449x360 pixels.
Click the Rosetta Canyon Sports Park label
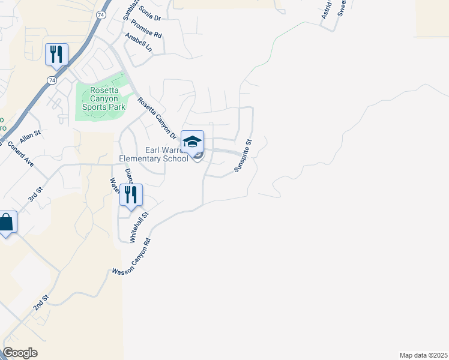tap(99, 98)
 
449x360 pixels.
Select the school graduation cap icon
tap(193, 142)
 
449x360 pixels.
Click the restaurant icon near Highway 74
tap(56, 54)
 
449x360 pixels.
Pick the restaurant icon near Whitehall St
tap(131, 194)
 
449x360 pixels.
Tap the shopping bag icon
tap(6, 223)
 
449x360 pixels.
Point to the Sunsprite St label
tap(243, 156)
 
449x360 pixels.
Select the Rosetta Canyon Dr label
tap(156, 118)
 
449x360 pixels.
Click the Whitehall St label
tap(139, 227)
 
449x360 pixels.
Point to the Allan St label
tap(29, 136)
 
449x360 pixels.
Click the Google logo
tap(20, 353)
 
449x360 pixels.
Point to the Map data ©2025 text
tap(423, 355)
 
